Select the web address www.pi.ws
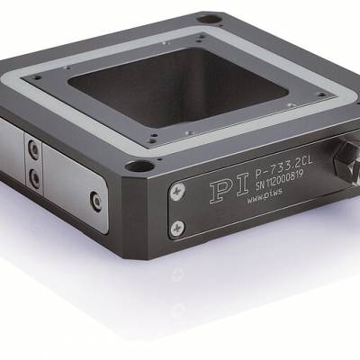click(265, 196)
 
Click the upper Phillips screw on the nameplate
click(177, 191)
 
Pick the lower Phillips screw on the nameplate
click(177, 229)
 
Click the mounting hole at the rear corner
click(210, 20)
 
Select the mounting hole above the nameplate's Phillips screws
click(139, 166)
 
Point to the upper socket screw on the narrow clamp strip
click(34, 148)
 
